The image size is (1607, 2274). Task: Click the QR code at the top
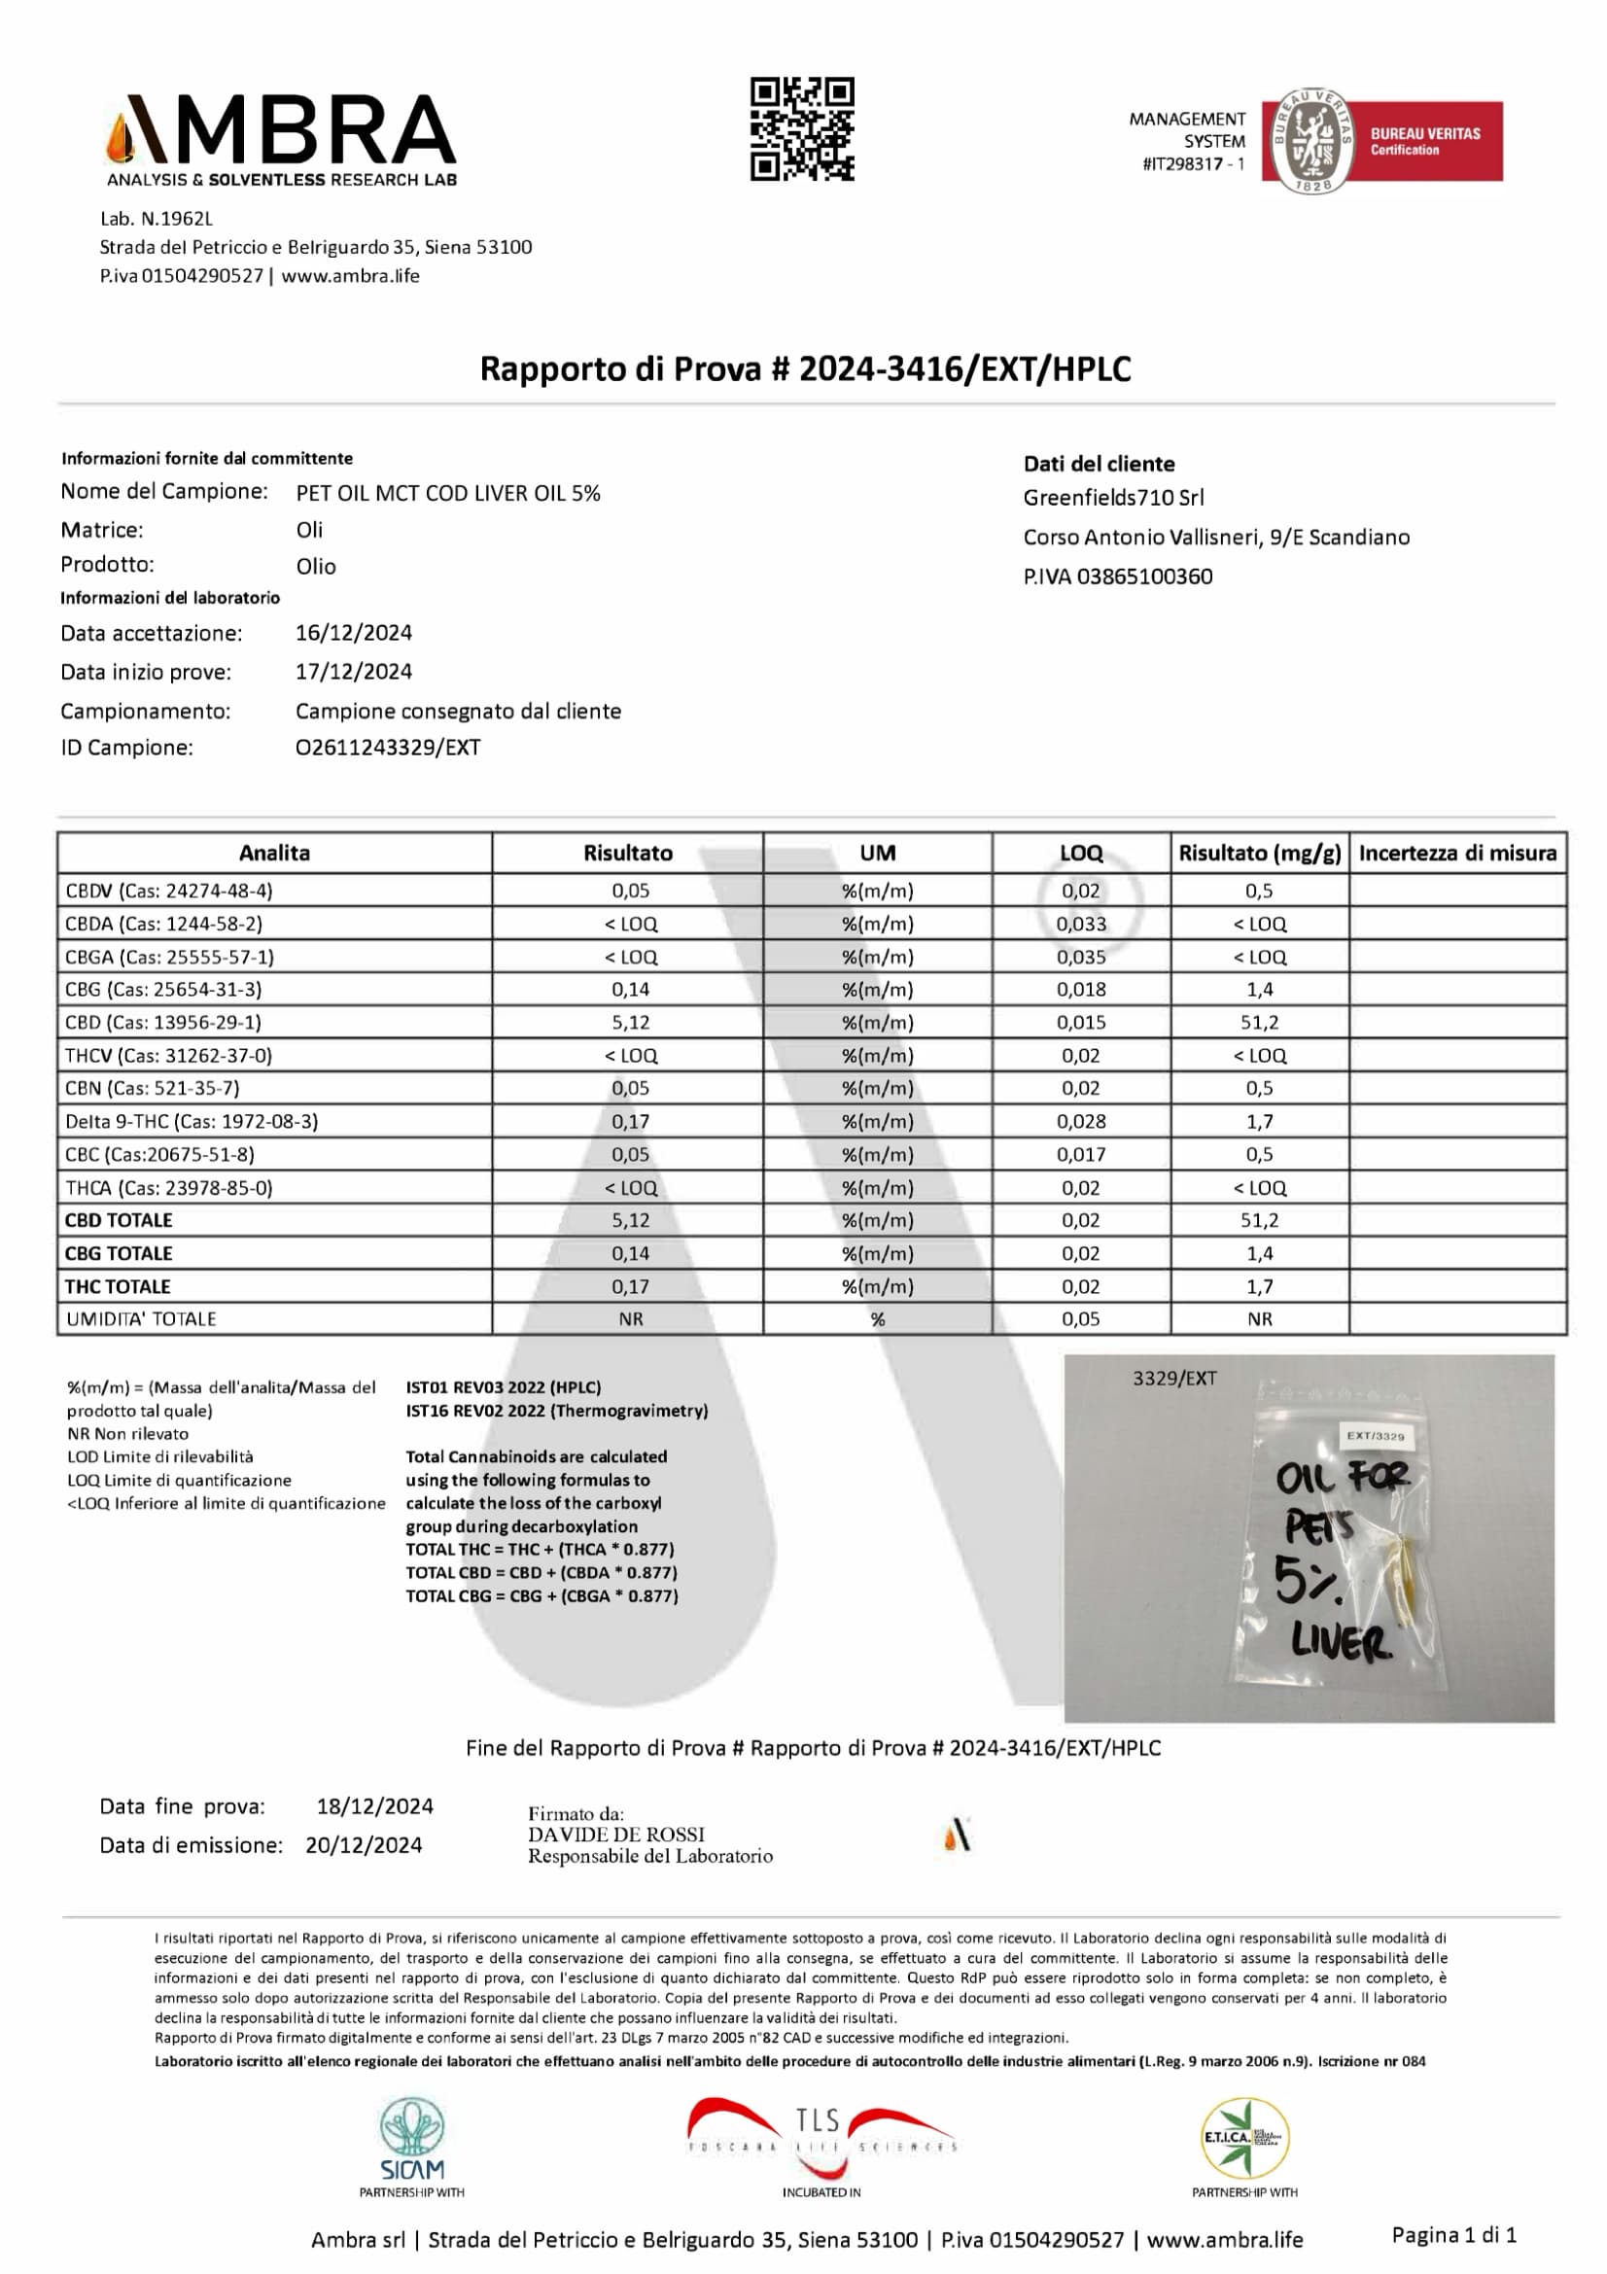801,128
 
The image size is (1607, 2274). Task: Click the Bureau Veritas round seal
1310,141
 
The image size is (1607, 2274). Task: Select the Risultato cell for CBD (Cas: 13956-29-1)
630,1022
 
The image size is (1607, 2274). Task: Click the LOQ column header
1080,853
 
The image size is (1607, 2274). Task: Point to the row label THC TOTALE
118,1286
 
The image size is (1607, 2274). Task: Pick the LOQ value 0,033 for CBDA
1080,924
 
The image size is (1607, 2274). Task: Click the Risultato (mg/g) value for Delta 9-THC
1260,1121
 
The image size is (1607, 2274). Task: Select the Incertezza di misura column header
1456,853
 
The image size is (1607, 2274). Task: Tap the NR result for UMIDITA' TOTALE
630,1319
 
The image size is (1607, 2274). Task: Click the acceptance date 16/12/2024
354,633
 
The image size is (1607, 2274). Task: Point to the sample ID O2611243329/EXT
387,748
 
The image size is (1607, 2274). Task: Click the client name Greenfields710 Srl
1113,498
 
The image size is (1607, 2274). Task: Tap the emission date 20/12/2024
364,1845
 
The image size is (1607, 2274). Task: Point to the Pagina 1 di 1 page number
1453,2234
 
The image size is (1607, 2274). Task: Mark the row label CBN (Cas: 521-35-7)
153,1089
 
